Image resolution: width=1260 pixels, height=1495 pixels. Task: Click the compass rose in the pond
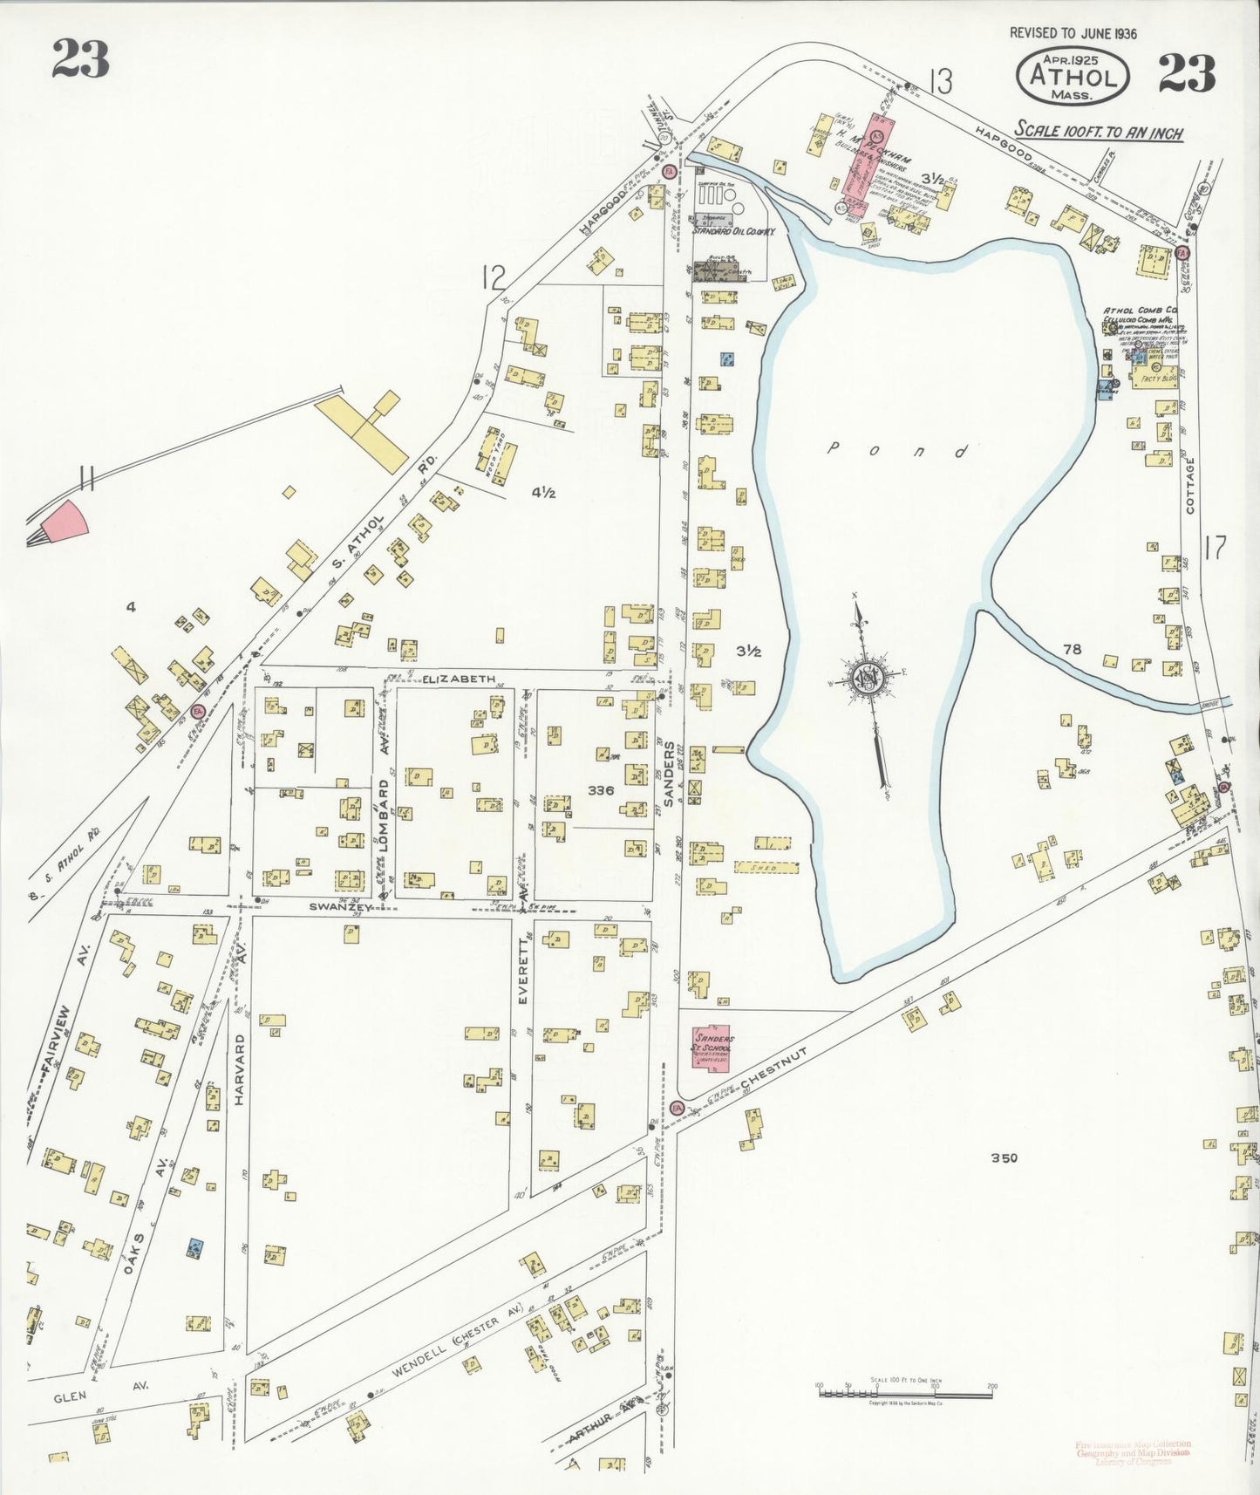[868, 678]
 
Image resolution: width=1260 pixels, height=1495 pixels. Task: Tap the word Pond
[898, 451]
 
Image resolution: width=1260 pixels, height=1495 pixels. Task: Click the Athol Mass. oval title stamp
[1073, 76]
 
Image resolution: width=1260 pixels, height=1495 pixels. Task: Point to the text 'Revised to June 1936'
[1073, 33]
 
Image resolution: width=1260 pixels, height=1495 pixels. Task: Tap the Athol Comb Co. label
[1141, 311]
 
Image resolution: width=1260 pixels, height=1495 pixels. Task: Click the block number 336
[601, 790]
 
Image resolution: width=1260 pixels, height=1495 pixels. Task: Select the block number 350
[1004, 1158]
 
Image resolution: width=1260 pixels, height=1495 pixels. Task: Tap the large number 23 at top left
[80, 59]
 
